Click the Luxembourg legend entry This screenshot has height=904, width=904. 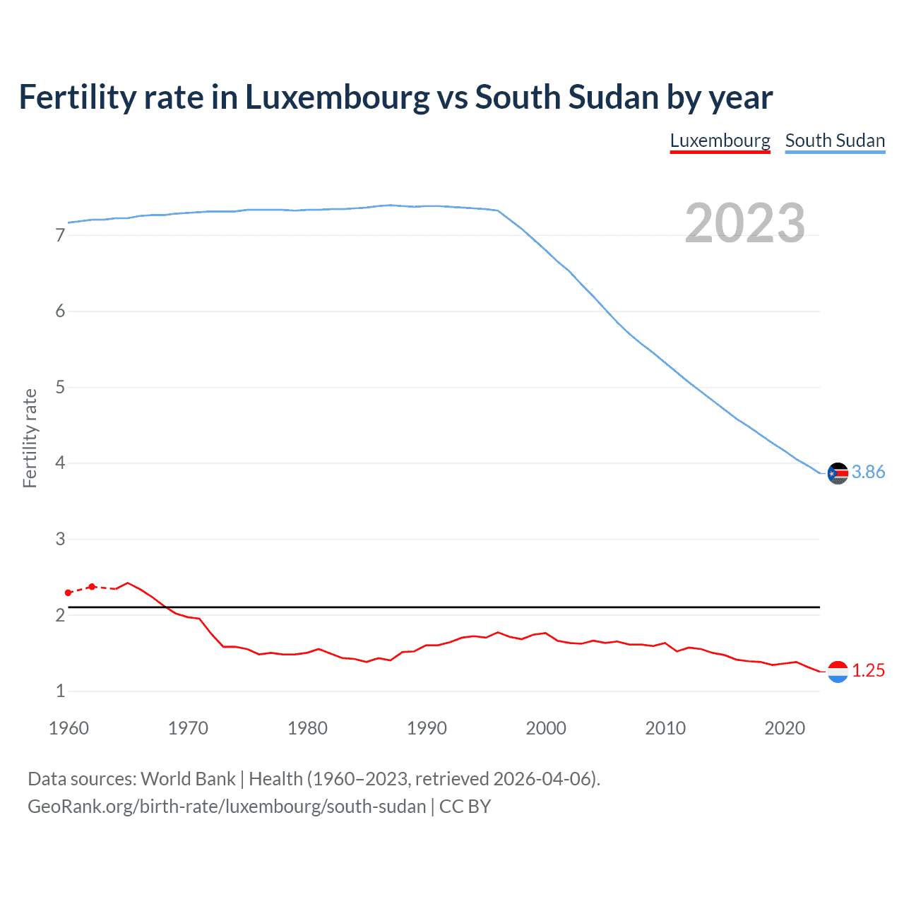(720, 141)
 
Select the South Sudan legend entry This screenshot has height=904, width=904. (835, 141)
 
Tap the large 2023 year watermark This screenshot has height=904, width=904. (744, 223)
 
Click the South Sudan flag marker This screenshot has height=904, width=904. (838, 473)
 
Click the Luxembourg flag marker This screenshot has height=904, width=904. (838, 672)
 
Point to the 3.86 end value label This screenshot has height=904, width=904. (868, 472)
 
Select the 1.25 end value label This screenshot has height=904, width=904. (868, 670)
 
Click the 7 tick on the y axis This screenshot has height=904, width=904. (60, 235)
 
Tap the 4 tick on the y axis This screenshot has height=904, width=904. (60, 463)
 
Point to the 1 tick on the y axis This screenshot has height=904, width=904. (60, 691)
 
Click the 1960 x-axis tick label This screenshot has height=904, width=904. (69, 728)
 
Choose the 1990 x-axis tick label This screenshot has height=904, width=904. (427, 728)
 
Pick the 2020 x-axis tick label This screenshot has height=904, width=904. (785, 728)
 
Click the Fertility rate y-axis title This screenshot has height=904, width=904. (30, 438)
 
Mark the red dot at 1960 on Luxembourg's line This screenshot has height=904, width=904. (69, 593)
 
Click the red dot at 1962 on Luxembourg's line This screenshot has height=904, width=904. (92, 587)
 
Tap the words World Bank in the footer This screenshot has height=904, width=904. (188, 779)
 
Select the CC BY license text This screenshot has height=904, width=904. (465, 807)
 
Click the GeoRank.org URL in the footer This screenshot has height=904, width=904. (227, 807)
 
